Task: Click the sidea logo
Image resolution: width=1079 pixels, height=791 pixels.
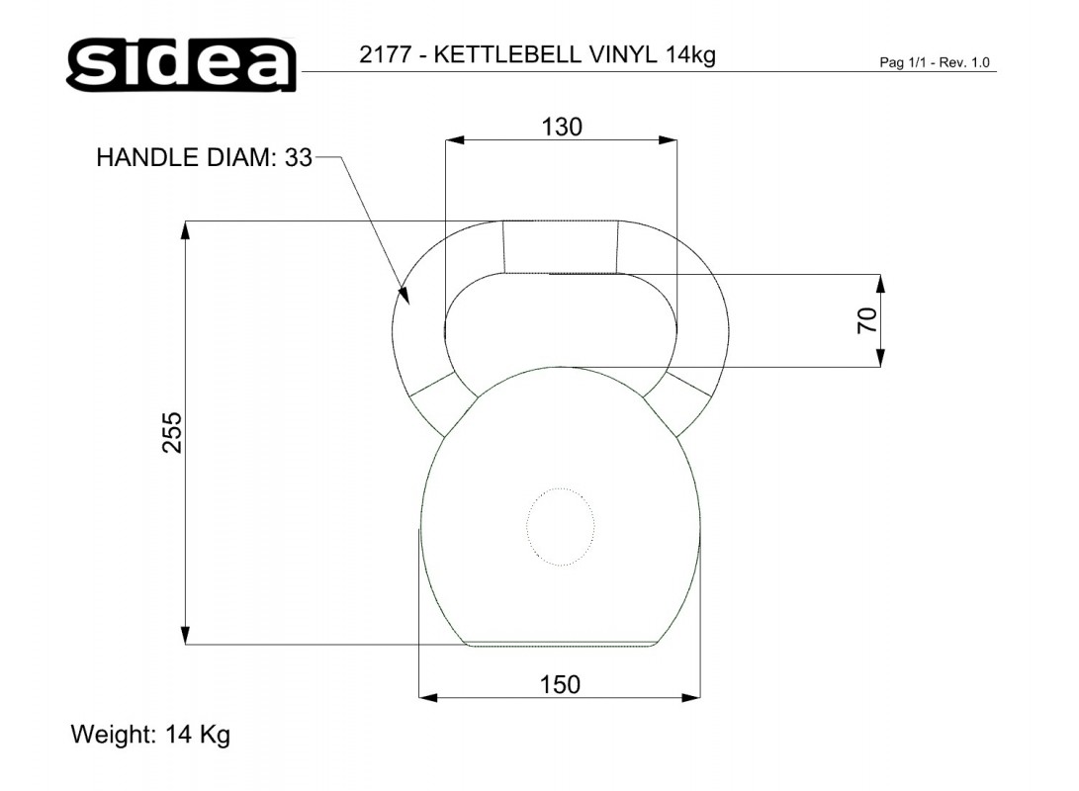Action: pos(182,64)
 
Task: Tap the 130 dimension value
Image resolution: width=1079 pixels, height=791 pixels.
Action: pos(562,128)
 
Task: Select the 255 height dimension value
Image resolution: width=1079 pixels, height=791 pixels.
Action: pos(172,432)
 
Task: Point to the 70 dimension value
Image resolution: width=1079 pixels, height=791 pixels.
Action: pos(867,320)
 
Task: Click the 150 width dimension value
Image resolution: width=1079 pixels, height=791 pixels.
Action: pos(560,685)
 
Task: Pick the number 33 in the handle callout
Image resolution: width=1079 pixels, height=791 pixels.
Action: pos(299,157)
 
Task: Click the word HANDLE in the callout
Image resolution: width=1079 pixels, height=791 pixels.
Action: pos(147,157)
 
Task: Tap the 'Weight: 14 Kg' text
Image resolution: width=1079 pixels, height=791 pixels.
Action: pos(150,735)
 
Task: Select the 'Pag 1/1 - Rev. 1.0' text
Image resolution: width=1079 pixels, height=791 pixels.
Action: pos(935,62)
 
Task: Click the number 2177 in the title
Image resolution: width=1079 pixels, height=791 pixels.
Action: pos(386,54)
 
